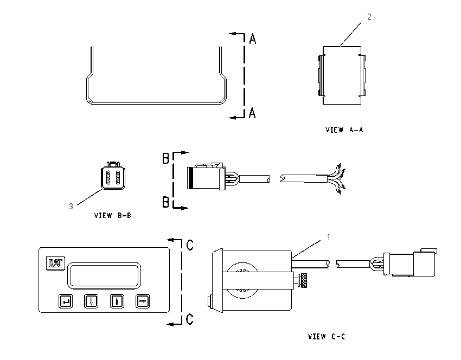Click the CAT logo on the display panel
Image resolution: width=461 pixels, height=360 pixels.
click(x=55, y=263)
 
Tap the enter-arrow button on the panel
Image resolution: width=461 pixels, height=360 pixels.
click(x=66, y=301)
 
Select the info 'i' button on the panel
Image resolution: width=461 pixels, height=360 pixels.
click(x=117, y=301)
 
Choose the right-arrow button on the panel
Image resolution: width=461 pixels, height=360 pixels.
click(x=143, y=301)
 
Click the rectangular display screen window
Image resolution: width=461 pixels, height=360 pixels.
click(x=104, y=275)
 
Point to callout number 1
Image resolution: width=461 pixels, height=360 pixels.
click(x=329, y=236)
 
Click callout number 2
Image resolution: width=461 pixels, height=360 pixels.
click(x=369, y=17)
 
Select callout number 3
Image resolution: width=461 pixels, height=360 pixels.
click(x=71, y=207)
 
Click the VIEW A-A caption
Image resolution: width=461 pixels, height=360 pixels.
click(x=344, y=130)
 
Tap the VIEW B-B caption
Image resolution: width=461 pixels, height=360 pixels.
click(x=113, y=215)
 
